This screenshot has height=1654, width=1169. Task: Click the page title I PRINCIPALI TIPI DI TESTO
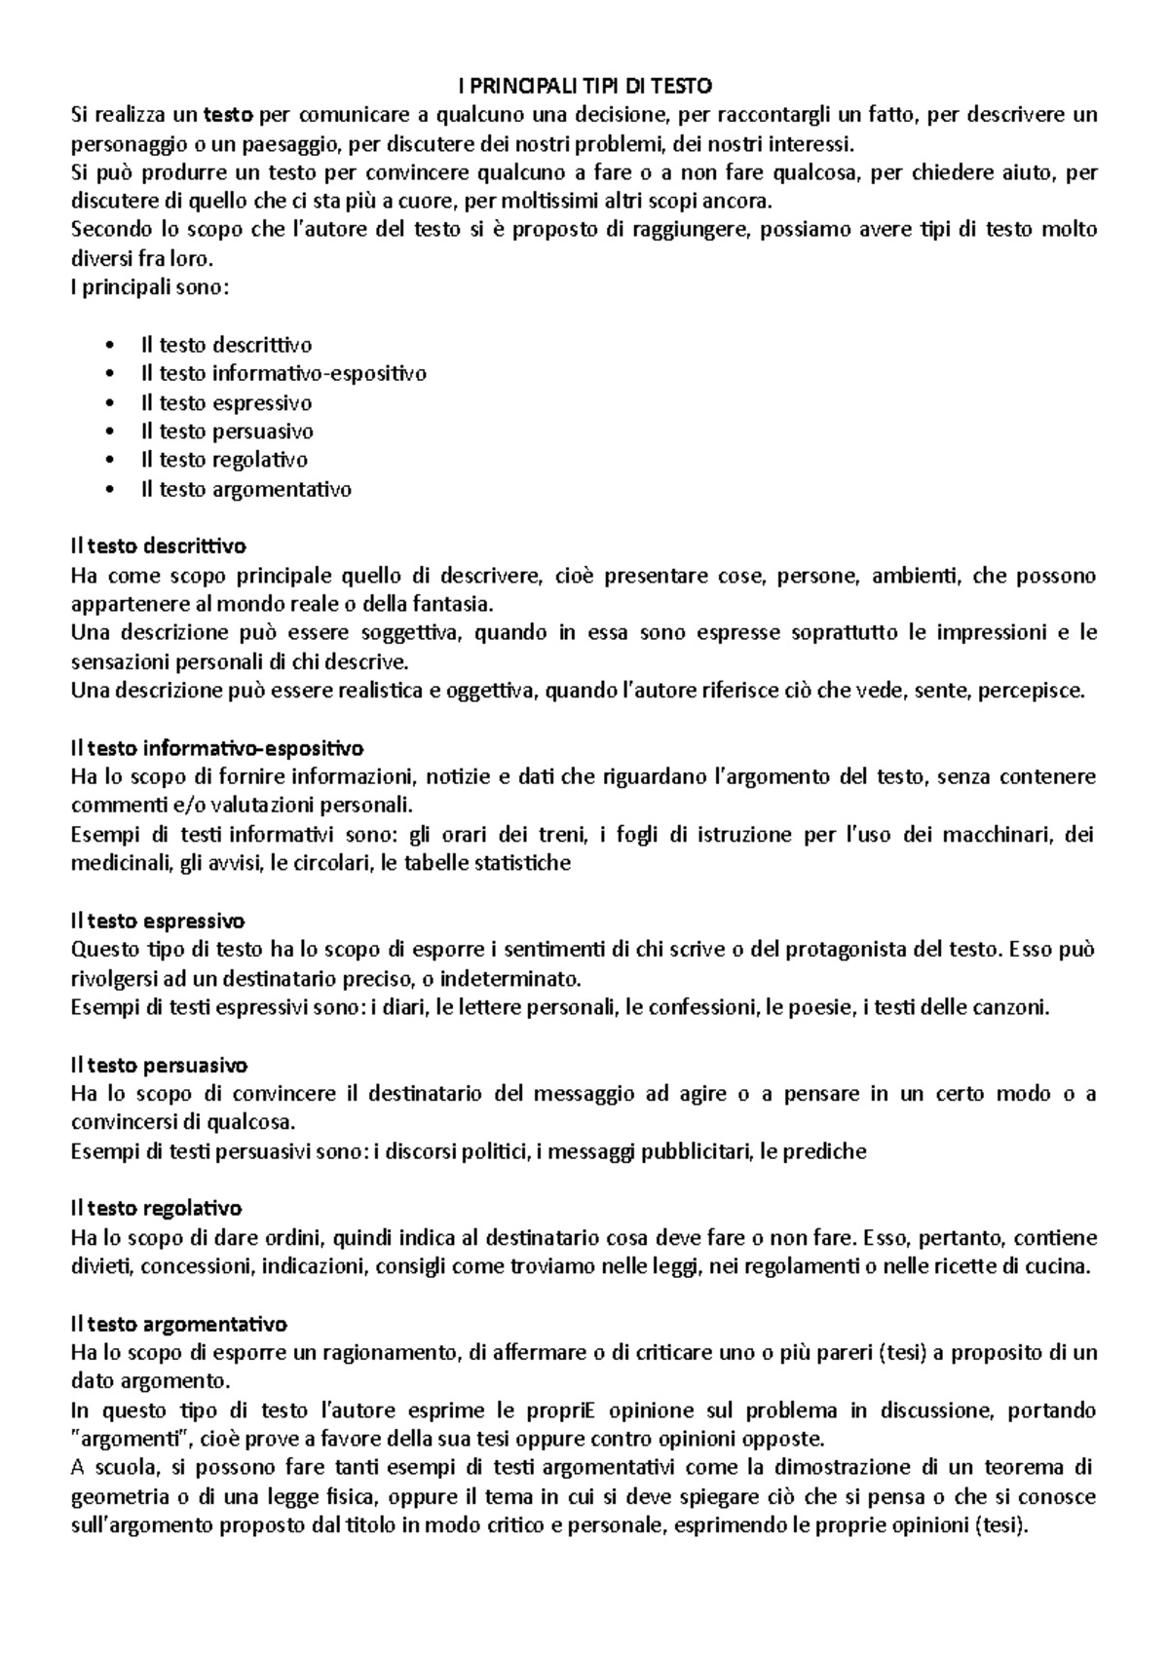pos(584,86)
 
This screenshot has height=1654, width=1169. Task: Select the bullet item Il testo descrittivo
pos(226,345)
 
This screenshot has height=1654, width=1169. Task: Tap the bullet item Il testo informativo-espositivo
pos(283,373)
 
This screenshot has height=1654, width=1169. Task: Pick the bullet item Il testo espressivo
pos(226,402)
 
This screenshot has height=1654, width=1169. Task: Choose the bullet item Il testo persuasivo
pos(226,431)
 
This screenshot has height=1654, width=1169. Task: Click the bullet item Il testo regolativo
pos(224,460)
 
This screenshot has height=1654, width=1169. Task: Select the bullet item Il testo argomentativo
pos(245,489)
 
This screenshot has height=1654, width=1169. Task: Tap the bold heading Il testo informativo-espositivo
pos(217,748)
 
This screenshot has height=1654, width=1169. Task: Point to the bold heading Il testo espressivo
pos(158,921)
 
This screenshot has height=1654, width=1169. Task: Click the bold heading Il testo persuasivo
pos(160,1065)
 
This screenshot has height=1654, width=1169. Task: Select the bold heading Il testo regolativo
pos(156,1209)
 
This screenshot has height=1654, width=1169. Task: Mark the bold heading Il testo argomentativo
pos(179,1324)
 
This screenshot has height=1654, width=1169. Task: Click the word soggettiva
pos(416,633)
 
